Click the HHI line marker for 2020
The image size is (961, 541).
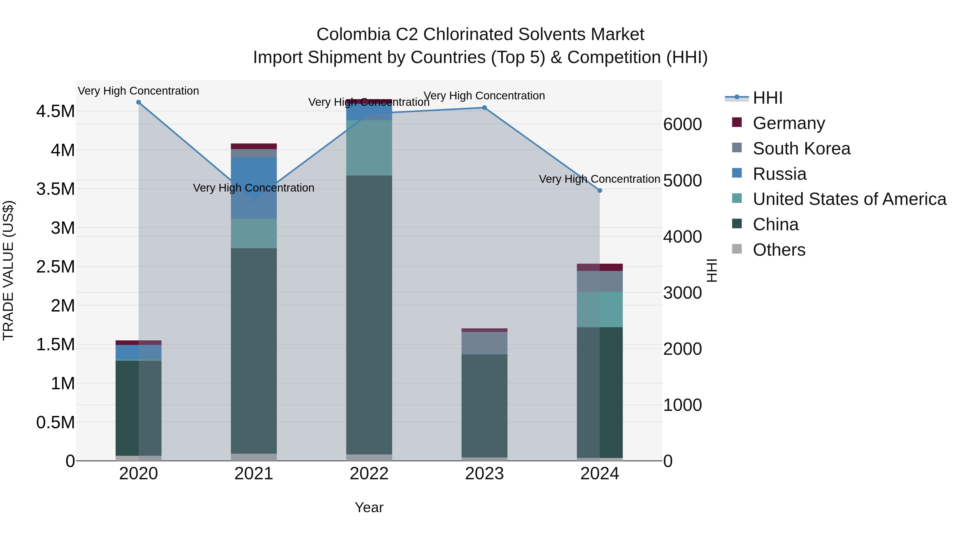[x=138, y=102]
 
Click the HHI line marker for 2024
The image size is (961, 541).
[x=600, y=190]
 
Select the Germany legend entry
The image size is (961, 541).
[x=789, y=123]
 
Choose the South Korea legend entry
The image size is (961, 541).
[x=801, y=149]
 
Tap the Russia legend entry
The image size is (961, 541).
[x=779, y=174]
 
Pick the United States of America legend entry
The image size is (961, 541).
[x=849, y=199]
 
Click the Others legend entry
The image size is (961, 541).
[x=779, y=250]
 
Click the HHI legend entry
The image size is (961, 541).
[x=767, y=98]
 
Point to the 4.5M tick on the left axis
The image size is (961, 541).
[x=55, y=111]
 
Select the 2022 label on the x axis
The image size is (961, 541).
[x=369, y=474]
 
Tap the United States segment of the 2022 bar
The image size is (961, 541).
[x=369, y=148]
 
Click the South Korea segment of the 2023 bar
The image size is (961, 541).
[x=484, y=343]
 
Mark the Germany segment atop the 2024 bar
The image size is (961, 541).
[x=600, y=267]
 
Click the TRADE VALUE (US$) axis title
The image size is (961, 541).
[x=8, y=270]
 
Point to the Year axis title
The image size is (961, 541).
[x=369, y=507]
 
